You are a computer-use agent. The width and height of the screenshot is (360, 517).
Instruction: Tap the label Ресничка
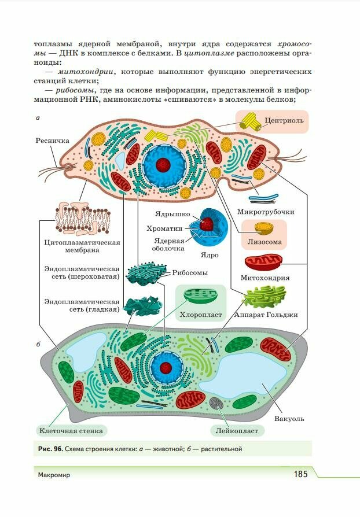[x=52, y=141]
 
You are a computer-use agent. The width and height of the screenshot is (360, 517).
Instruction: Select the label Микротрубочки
[x=266, y=212]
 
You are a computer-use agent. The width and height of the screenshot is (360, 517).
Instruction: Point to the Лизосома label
[x=265, y=242]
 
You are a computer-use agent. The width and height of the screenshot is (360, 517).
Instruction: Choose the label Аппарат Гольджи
[x=266, y=315]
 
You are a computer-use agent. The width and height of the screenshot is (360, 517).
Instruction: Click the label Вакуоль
[x=289, y=419]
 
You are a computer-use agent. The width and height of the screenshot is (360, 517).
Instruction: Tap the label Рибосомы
[x=190, y=272]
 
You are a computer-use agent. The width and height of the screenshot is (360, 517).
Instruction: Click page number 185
[x=300, y=474]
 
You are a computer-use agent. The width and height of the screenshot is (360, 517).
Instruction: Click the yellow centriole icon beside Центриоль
[x=251, y=120]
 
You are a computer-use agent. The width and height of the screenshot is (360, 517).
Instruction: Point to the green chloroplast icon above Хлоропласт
[x=199, y=298]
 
